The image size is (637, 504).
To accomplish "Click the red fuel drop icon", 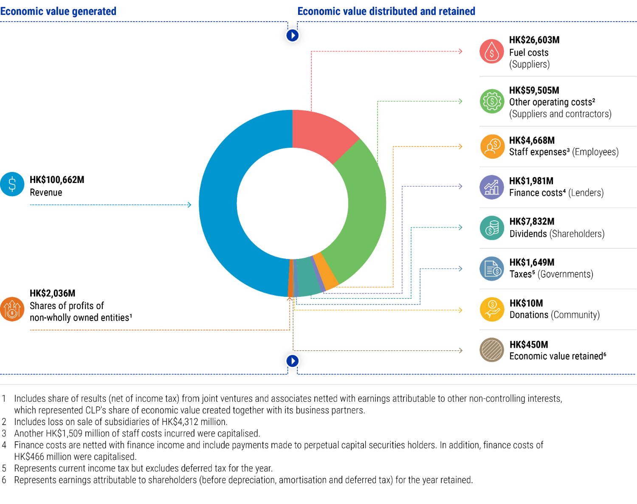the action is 491,51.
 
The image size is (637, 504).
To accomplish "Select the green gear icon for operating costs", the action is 491,101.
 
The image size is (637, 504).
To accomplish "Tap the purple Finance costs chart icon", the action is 491,187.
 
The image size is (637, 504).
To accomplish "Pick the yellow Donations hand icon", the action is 492,309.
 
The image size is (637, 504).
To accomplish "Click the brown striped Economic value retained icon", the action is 492,350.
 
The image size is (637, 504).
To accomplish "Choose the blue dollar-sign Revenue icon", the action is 12,184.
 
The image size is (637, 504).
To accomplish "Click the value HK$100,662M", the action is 57,180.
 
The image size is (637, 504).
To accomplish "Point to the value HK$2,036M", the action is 52,293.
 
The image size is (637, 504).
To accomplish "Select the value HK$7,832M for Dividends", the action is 532,221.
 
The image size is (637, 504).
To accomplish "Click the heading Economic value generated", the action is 58,11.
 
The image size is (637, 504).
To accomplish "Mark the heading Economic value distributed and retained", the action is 386,11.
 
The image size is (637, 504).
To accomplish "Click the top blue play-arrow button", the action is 293,36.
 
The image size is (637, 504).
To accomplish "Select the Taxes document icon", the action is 492,269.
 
